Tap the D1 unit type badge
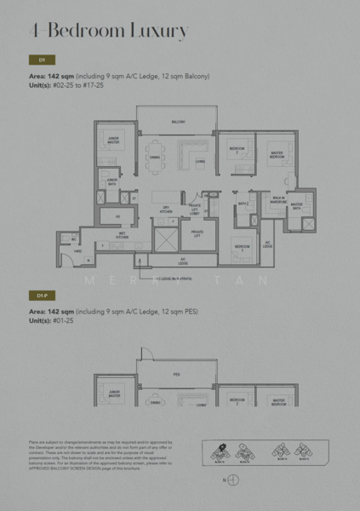click(x=42, y=60)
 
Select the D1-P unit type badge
click(x=42, y=295)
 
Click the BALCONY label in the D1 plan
click(x=178, y=122)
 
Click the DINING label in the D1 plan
click(x=154, y=158)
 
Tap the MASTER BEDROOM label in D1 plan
click(x=277, y=154)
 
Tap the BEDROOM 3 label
click(x=242, y=250)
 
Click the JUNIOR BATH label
click(x=111, y=181)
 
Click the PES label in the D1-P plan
click(x=176, y=374)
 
